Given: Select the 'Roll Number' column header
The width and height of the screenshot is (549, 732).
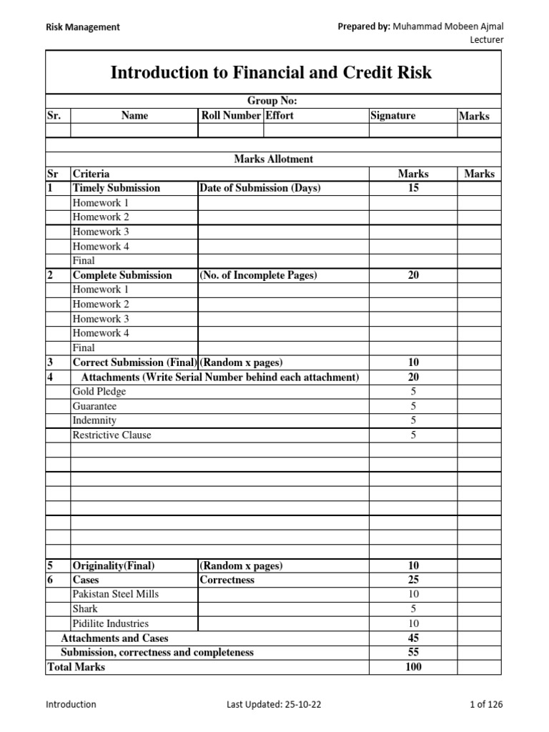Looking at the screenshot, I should coord(231,116).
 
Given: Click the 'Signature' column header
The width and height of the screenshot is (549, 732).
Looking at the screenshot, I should coord(392,116).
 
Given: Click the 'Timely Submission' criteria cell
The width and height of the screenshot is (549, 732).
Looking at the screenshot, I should coord(117,188).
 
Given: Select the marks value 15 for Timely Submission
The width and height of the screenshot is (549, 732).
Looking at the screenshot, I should coord(413,188).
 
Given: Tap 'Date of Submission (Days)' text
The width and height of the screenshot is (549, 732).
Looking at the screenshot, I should coord(260,188).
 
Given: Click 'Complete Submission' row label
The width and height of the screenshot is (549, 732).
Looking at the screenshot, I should coord(122,275).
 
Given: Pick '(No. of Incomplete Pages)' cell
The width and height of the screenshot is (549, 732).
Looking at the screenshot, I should coord(258,275).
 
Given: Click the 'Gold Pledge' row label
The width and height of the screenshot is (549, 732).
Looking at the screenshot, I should coord(99,392).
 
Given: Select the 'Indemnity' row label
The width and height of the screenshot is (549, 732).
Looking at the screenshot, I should coord(94,420).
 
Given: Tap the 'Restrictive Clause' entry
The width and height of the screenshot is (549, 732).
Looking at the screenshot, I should coord(112,435).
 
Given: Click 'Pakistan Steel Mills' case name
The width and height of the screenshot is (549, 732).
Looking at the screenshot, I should coord(116,594).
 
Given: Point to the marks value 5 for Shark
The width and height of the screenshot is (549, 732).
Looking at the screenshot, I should coord(413,609).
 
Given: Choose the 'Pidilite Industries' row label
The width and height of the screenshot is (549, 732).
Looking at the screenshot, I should coord(111,623).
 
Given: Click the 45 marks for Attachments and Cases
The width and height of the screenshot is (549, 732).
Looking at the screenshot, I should coord(413,638).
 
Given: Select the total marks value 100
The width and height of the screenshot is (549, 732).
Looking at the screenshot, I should coord(413,667).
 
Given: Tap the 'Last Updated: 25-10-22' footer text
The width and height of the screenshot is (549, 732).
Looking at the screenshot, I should coord(274,704).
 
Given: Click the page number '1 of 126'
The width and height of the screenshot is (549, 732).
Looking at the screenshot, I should coord(486,704).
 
